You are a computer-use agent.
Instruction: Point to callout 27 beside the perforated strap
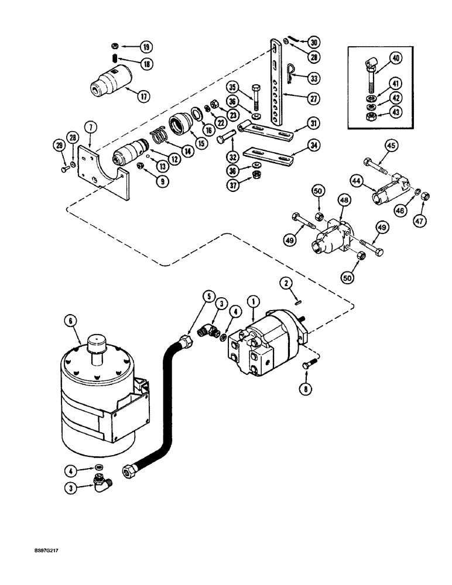click(314, 99)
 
